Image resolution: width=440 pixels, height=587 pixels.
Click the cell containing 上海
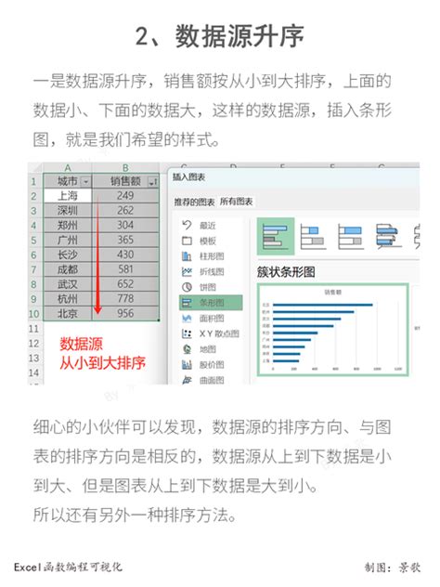(69, 196)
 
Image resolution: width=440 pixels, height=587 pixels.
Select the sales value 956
(125, 313)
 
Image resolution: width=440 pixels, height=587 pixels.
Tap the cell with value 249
(125, 196)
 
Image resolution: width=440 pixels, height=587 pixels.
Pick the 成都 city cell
(69, 269)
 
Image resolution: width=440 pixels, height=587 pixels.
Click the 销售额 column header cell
(125, 181)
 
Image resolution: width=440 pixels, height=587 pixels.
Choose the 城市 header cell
(69, 181)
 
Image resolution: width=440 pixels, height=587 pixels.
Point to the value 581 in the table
(125, 269)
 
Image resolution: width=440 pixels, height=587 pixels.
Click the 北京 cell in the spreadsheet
(69, 313)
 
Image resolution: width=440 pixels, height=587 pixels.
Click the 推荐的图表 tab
(195, 202)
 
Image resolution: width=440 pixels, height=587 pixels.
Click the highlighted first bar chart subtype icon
(276, 237)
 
